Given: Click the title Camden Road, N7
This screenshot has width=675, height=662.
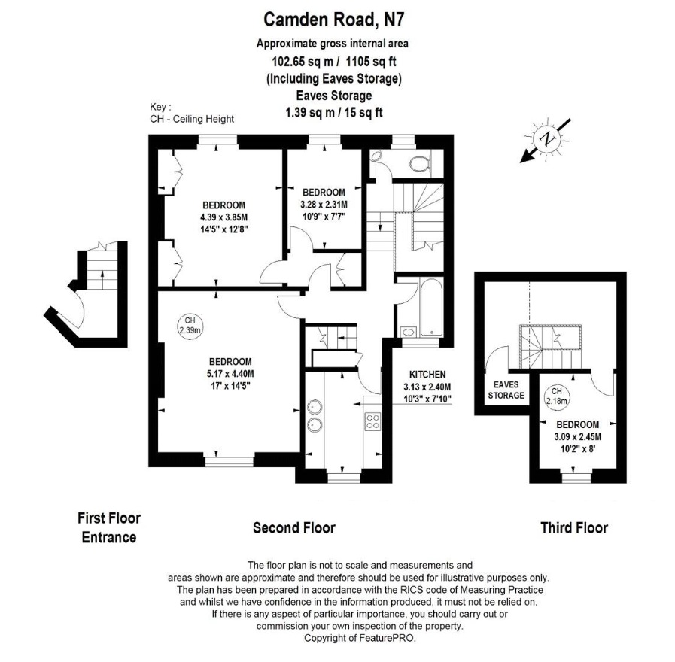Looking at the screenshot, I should tap(337, 17).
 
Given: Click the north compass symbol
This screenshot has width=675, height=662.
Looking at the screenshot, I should tap(548, 138).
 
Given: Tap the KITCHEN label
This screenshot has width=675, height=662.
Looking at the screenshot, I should tap(427, 374).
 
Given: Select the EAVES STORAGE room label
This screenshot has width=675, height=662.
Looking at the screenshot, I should tap(506, 390).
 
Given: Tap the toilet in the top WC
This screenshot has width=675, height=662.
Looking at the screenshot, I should tap(417, 162).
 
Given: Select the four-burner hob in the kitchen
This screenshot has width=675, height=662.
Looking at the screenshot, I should tap(372, 421).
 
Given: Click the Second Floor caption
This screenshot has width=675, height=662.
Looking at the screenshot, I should tap(293, 527).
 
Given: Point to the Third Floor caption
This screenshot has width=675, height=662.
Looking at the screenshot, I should tap(573, 527).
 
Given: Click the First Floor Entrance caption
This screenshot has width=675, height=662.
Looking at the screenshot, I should tap(109, 527).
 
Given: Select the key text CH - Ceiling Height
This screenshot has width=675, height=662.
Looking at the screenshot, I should tap(192, 119).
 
